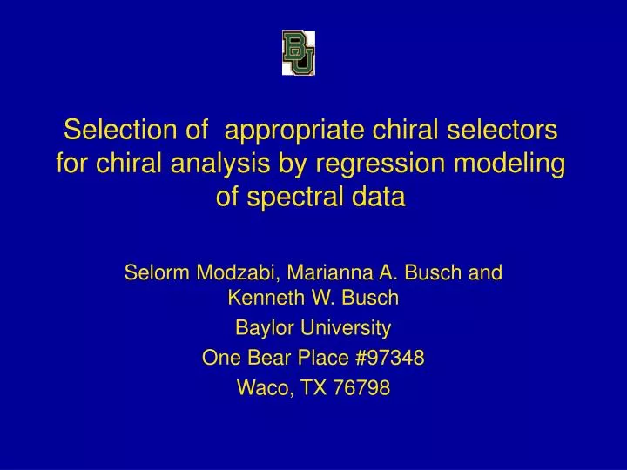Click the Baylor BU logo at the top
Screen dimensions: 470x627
(298, 52)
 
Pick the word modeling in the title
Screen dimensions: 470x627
(518, 164)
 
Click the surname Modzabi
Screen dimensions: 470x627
(238, 272)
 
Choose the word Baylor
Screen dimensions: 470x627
(264, 329)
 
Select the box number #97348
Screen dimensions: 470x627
(384, 359)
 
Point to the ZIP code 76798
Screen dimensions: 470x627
(361, 388)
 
